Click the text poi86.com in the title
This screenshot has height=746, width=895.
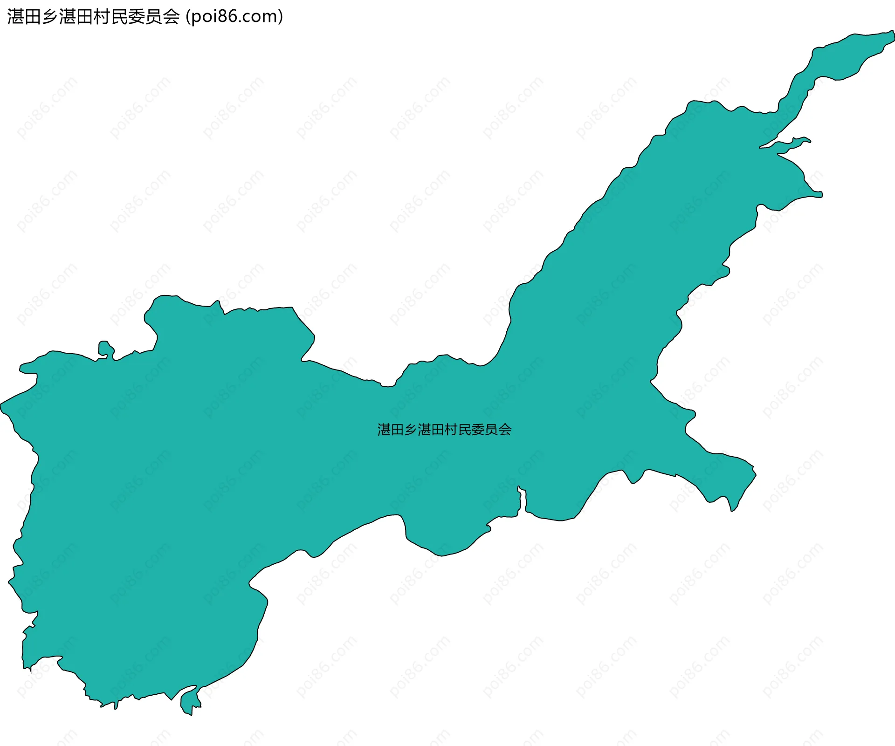point(234,17)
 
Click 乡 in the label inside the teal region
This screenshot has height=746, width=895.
point(411,430)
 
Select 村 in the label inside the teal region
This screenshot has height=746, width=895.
point(451,430)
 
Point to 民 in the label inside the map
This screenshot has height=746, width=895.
point(465,430)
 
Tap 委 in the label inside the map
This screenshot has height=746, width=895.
point(478,430)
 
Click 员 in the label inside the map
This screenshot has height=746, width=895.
point(492,430)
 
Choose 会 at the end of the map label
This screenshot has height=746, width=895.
point(505,430)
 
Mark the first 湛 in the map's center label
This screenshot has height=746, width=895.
point(384,430)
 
